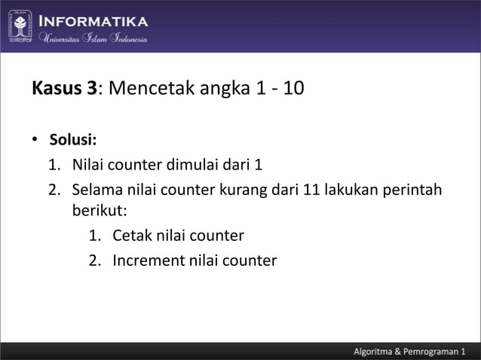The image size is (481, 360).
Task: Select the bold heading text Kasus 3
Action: point(65,89)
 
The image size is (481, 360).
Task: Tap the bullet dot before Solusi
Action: point(35,141)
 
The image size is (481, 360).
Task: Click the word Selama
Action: point(97,188)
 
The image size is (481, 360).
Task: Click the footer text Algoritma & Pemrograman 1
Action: point(410,352)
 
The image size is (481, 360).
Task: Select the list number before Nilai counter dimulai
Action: point(54,164)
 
